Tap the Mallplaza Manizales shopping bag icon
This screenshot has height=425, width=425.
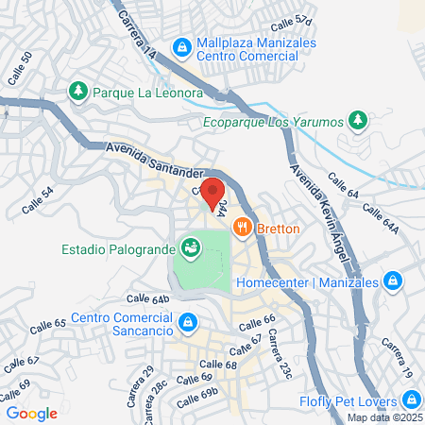pos(182,45)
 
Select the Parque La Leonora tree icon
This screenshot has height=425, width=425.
pos(78,92)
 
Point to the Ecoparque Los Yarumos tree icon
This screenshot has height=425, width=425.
pos(357,120)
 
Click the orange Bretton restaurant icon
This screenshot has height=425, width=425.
pos(242,228)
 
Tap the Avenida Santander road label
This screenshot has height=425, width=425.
pos(155,160)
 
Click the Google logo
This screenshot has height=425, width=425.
pos(31,413)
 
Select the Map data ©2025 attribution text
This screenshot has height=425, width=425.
pos(383,417)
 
